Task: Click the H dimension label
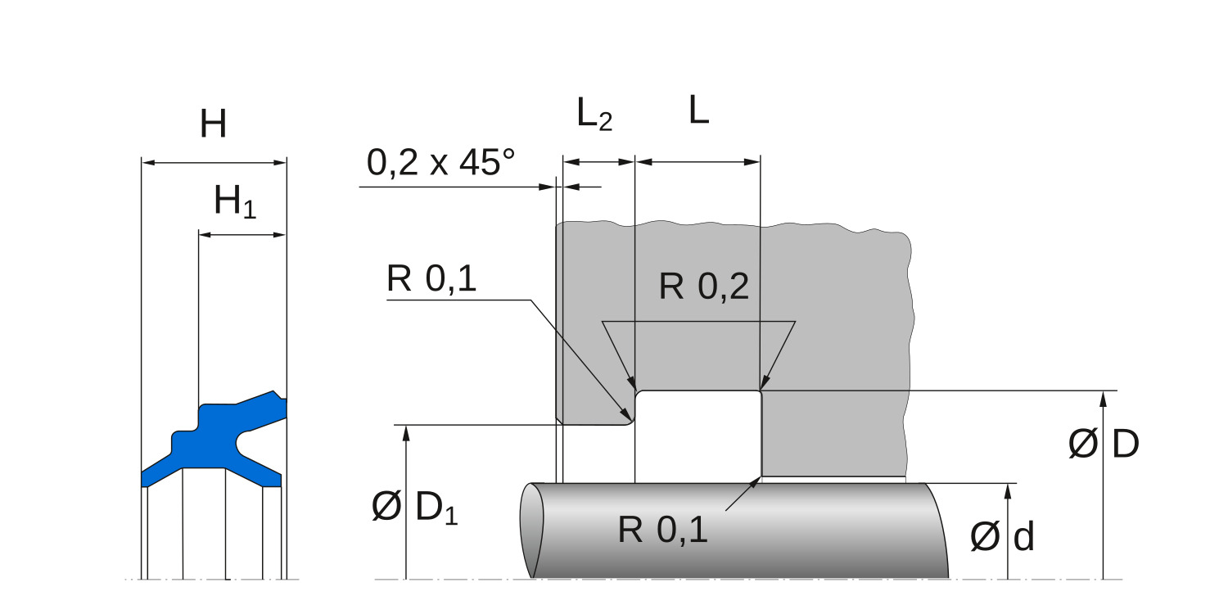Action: pyautogui.click(x=213, y=124)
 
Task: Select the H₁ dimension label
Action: pyautogui.click(x=235, y=201)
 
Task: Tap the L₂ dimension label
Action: pyautogui.click(x=594, y=115)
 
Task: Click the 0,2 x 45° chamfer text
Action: pyautogui.click(x=440, y=163)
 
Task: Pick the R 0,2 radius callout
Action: pyautogui.click(x=704, y=287)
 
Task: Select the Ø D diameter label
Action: pyautogui.click(x=1104, y=445)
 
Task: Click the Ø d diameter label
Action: pyautogui.click(x=1003, y=537)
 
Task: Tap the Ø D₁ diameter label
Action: pyautogui.click(x=414, y=508)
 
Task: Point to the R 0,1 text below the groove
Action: pyautogui.click(x=662, y=530)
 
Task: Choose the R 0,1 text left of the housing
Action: pyautogui.click(x=431, y=280)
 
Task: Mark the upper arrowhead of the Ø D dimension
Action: pyautogui.click(x=1104, y=398)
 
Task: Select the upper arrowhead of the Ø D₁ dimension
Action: pyautogui.click(x=405, y=432)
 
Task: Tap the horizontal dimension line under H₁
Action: pyautogui.click(x=242, y=235)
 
